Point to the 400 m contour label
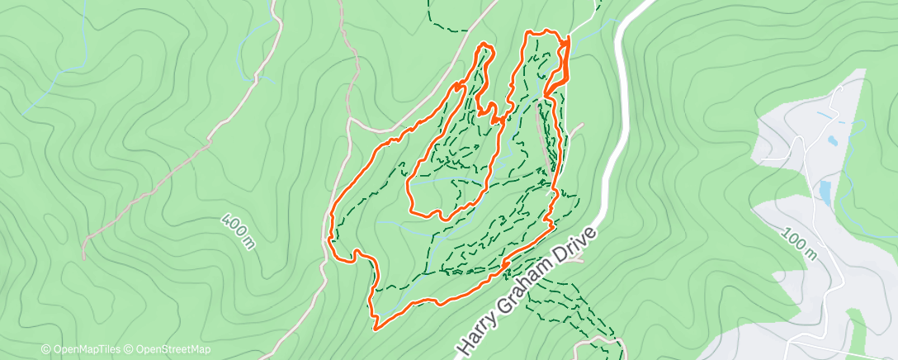point(238,230)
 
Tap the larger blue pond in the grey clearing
point(825,192)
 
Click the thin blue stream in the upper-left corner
point(50,83)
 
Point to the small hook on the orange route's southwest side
point(357,255)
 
